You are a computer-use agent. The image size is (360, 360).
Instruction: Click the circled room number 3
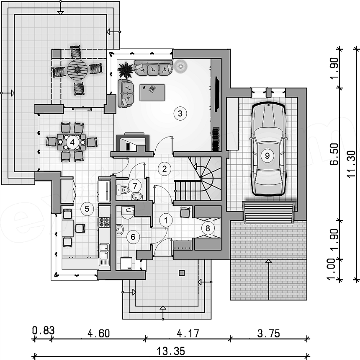(x=180, y=113)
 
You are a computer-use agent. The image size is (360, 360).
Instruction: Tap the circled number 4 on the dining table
(x=72, y=143)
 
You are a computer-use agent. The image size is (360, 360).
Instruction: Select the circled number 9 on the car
(x=267, y=155)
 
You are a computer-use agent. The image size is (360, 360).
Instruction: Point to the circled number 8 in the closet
(x=208, y=228)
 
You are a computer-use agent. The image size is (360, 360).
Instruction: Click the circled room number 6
(x=133, y=237)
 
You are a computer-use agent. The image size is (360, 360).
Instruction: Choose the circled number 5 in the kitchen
(x=87, y=209)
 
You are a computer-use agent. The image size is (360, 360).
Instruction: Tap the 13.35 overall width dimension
(x=171, y=351)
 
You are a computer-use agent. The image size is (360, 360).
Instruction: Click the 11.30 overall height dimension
(x=351, y=164)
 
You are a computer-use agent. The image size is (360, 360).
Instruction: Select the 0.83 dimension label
(x=44, y=330)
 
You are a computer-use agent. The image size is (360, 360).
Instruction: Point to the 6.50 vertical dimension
(x=334, y=154)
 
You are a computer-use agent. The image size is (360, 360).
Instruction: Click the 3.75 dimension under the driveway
(x=269, y=333)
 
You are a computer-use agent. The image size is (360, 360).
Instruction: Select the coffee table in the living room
(x=152, y=93)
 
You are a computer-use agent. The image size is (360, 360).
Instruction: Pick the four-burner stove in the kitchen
(x=104, y=222)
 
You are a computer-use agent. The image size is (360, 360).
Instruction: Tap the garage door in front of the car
(x=269, y=212)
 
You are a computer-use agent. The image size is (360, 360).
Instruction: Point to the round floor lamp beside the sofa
(x=180, y=66)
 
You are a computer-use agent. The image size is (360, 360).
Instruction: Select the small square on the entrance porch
(x=182, y=273)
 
